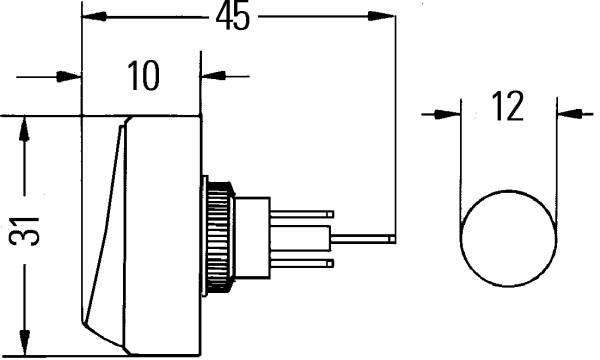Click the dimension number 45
(x=233, y=17)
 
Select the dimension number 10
(x=143, y=76)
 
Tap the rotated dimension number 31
(x=24, y=231)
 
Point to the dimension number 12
(x=507, y=106)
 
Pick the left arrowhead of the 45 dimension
(x=95, y=16)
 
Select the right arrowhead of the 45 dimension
(x=382, y=16)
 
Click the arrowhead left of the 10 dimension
(x=69, y=77)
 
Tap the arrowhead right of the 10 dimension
(x=214, y=75)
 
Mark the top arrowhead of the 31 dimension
(x=24, y=130)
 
